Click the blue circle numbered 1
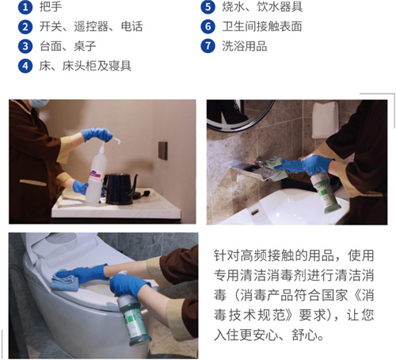25,7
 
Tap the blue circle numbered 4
25,66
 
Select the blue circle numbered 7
208,46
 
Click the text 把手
51,6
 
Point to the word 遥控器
91,26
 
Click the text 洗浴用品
245,46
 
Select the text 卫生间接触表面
262,26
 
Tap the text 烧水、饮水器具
262,6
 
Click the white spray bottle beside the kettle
97,174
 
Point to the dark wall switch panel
163,151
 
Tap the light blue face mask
39,103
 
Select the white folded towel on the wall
325,120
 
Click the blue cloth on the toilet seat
65,280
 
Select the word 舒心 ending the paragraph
304,335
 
